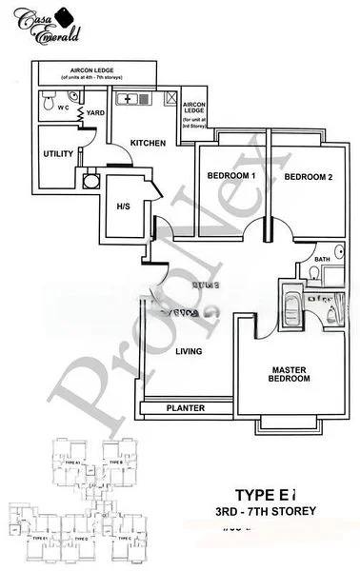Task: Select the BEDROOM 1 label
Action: tap(231, 177)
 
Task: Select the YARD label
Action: tap(95, 113)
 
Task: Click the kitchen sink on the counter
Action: tap(128, 99)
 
